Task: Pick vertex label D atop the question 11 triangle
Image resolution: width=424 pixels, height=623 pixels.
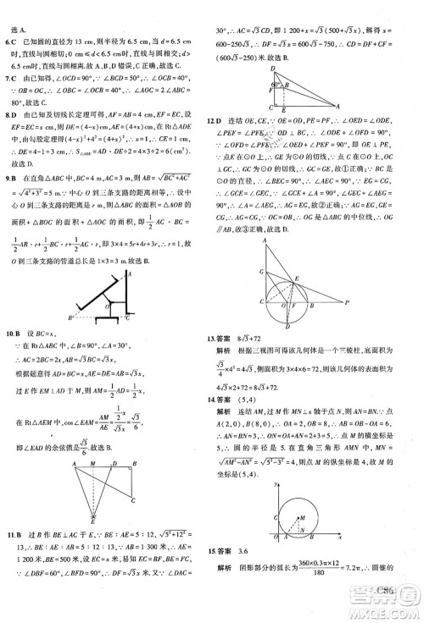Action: pyautogui.click(x=271, y=67)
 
